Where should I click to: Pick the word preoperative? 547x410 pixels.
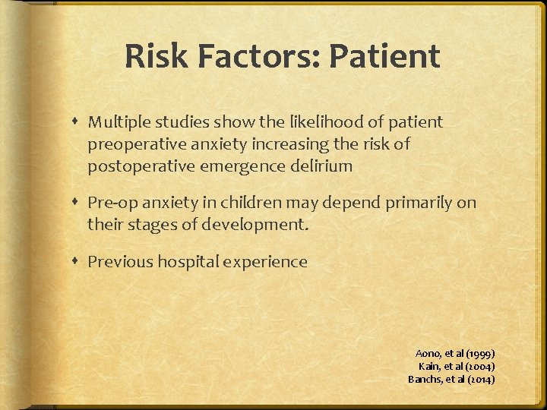132,144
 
